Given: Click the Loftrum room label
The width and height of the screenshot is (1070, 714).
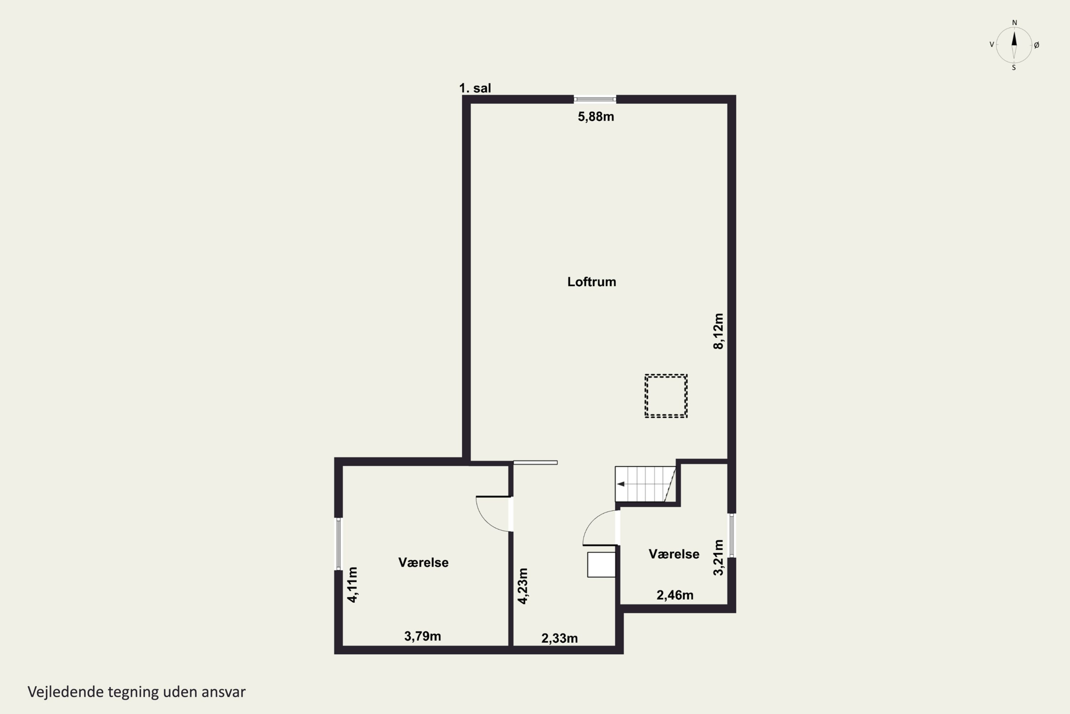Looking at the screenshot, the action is tap(591, 282).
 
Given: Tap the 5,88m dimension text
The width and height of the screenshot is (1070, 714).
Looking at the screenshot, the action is tap(596, 117).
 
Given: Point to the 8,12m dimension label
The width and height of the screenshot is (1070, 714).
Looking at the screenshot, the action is tap(718, 331).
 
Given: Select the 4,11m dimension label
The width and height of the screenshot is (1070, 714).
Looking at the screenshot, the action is tap(353, 585).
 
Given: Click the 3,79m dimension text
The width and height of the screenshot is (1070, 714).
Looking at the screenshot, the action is tap(423, 636).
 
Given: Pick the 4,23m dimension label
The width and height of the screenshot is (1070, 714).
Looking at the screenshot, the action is tap(523, 586).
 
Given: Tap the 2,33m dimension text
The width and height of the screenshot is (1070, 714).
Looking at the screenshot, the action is tap(560, 638).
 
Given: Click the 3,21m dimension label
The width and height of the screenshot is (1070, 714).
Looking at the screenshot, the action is tap(718, 557).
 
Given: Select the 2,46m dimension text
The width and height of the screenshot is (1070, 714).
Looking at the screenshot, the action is tap(675, 595).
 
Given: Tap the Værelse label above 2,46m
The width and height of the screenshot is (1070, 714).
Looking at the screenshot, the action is tap(674, 554).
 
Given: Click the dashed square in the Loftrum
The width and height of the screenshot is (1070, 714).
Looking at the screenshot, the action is tap(666, 375).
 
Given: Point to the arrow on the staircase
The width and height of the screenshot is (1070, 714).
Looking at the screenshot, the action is tap(621, 484).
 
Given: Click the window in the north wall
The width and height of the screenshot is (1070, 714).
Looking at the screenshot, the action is tap(595, 99).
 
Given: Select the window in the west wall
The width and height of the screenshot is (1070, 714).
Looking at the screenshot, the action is tap(338, 544).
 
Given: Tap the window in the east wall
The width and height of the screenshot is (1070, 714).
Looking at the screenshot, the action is tap(732, 535).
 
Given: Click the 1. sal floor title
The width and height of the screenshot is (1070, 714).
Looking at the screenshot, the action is tap(475, 88).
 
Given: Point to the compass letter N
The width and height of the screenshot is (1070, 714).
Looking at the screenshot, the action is tap(1014, 22).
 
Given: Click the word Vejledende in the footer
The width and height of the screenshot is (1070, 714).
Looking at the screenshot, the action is tap(66, 692).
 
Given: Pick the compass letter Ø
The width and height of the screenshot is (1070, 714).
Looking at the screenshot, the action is tap(1036, 45).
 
